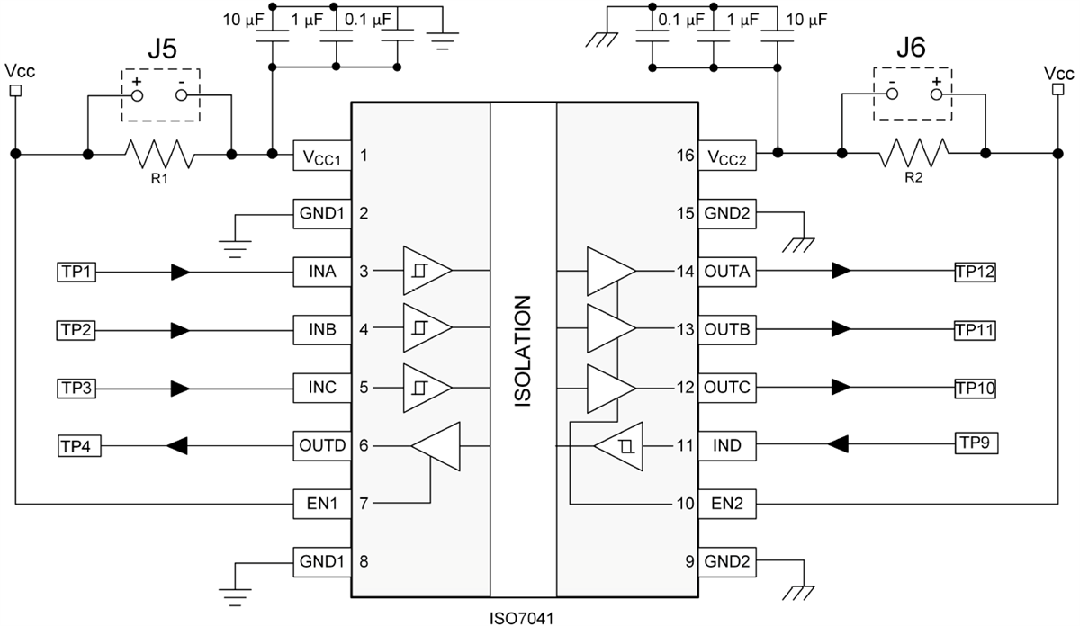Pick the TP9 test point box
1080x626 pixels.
[976, 443]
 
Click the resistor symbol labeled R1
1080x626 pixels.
[159, 155]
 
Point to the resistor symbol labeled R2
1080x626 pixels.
[913, 155]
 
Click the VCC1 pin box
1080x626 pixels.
[321, 156]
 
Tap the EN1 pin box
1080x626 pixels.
[321, 503]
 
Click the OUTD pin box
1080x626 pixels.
[321, 445]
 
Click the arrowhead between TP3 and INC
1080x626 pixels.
[181, 389]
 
